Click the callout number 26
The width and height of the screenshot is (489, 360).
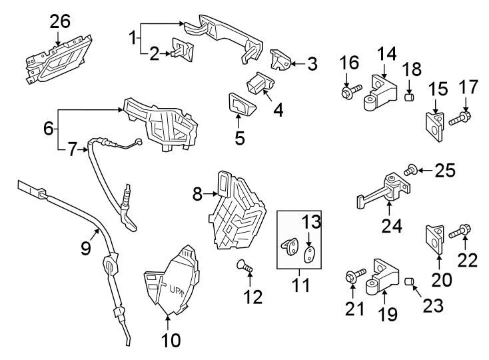59,22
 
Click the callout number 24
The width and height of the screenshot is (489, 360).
392,227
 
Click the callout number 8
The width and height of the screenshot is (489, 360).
197,194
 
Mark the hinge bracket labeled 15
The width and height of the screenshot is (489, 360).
435,125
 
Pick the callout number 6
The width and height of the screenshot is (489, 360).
48,128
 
